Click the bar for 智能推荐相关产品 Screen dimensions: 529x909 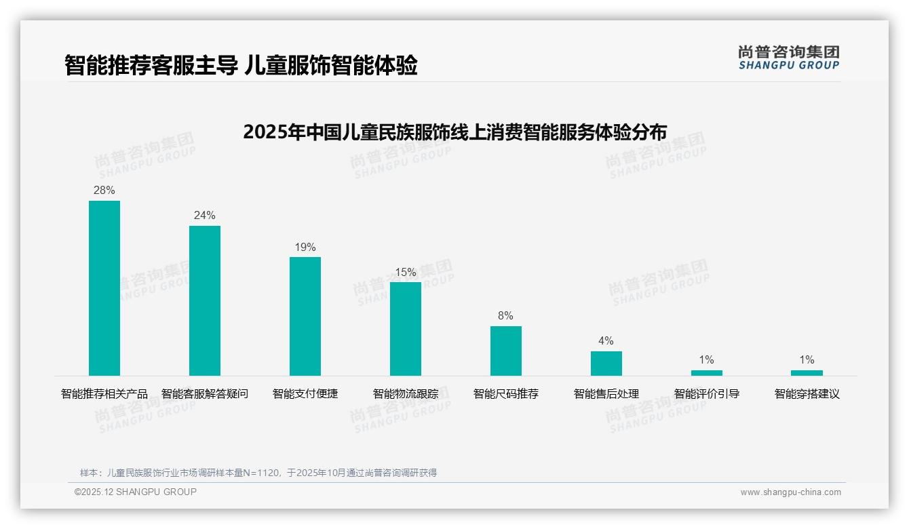[104, 288]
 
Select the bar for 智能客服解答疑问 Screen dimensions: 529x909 [205, 300]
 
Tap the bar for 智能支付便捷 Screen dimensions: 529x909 [305, 316]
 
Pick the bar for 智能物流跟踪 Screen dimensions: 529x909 [406, 329]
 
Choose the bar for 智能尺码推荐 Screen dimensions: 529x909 [506, 351]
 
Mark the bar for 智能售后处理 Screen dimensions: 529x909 [606, 364]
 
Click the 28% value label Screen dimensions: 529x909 [104, 191]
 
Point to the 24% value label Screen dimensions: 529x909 [205, 216]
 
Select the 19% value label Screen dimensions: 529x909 [305, 248]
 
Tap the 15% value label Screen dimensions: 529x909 [406, 273]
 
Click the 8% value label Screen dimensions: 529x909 [506, 316]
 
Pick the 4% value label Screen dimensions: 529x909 [606, 341]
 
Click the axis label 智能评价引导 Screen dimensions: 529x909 [706, 394]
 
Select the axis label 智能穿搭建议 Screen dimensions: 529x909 [807, 394]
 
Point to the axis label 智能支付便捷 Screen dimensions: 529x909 [305, 394]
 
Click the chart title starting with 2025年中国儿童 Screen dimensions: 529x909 [454, 132]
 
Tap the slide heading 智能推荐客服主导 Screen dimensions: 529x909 [241, 66]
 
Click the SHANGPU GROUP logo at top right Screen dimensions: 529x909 [788, 58]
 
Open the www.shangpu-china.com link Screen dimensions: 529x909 [790, 492]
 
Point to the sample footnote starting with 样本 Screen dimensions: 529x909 [258, 473]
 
